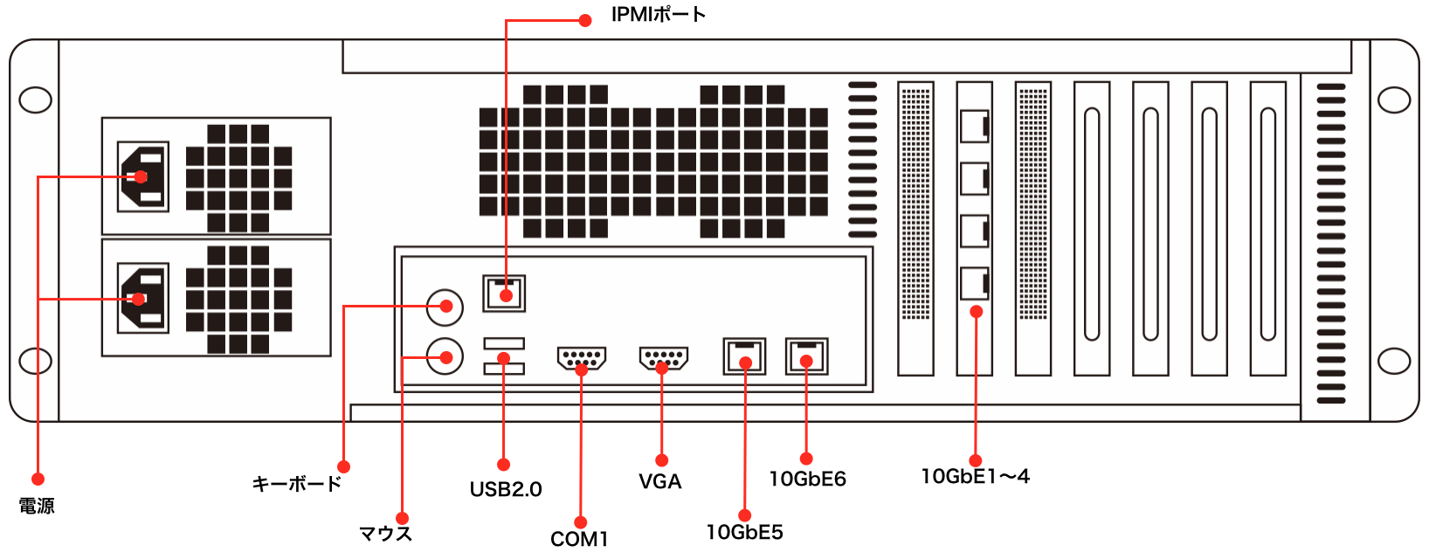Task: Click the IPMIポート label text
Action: [x=658, y=14]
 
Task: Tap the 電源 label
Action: [x=37, y=506]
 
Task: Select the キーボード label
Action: [x=297, y=484]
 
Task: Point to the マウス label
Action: [x=386, y=533]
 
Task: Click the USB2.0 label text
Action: [x=506, y=489]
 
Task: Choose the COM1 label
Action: [x=578, y=539]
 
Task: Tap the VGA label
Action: [x=660, y=481]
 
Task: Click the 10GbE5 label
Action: [x=744, y=532]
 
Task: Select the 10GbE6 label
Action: [x=808, y=479]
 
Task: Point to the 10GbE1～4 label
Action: [x=976, y=476]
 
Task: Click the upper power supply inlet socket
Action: [x=143, y=176]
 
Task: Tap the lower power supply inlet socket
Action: [x=143, y=298]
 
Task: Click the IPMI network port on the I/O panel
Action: [x=504, y=293]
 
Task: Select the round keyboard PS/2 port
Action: [x=445, y=307]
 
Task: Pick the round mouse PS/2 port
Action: [x=445, y=356]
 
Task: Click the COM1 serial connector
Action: [x=581, y=359]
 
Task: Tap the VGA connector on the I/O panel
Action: [x=664, y=359]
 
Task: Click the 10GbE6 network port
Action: [x=806, y=356]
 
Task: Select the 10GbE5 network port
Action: [x=744, y=356]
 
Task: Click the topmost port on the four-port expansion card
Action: [x=975, y=127]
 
